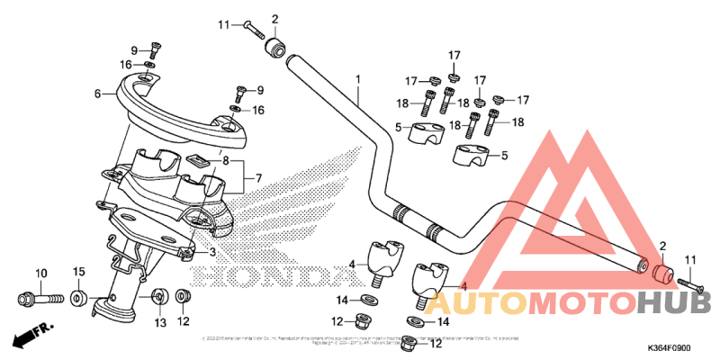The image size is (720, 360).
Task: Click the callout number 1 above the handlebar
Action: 357,79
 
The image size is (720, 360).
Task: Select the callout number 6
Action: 96,93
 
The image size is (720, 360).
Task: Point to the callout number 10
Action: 40,273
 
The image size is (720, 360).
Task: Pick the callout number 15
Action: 78,272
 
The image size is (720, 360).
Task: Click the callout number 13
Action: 159,321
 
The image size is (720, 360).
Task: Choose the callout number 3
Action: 212,253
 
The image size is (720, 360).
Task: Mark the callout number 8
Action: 227,161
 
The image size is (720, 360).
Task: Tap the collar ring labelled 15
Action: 78,296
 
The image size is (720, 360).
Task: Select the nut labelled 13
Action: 159,296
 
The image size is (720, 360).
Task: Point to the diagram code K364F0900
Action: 669,348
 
